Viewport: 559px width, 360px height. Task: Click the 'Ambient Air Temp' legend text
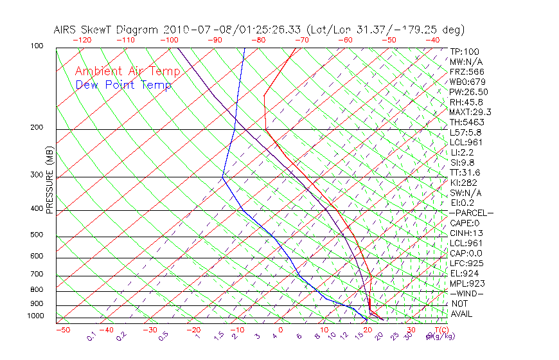tap(127, 71)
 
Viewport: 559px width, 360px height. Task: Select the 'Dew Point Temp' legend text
tap(123, 85)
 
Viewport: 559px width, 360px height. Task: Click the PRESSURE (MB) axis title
tap(49, 180)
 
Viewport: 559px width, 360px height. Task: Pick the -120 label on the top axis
tap(82, 40)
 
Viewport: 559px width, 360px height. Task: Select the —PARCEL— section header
tap(471, 213)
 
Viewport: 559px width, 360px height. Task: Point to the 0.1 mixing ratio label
tap(91, 336)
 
